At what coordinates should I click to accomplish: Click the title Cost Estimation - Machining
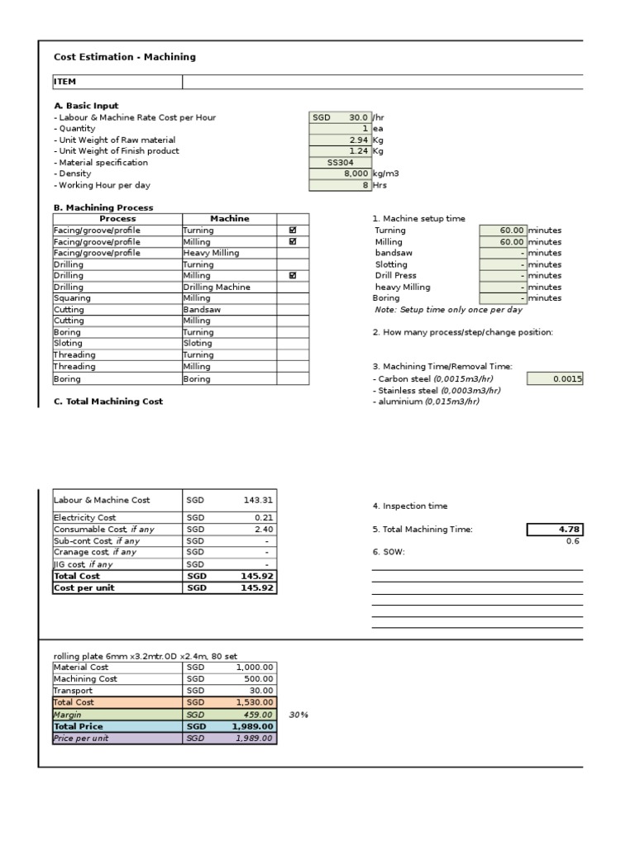tap(125, 57)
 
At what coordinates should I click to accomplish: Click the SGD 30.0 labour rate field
tap(340, 117)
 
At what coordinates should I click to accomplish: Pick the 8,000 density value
tap(340, 174)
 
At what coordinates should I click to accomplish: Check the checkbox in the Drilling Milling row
tap(293, 275)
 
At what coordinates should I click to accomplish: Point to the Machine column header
tap(229, 218)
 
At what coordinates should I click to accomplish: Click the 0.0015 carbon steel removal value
tap(556, 378)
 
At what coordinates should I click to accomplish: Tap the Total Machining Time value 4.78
tap(556, 530)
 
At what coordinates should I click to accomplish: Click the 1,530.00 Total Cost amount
tap(254, 702)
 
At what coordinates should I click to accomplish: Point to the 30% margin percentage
tap(298, 715)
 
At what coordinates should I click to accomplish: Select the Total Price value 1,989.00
tap(254, 726)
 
